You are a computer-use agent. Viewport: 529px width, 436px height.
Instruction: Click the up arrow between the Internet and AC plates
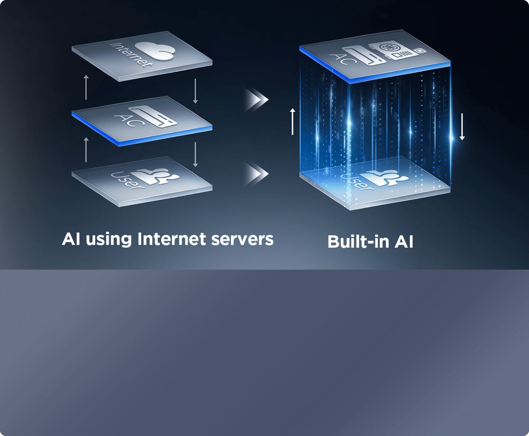(86, 87)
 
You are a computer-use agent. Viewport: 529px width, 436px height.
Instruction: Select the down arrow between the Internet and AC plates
(195, 91)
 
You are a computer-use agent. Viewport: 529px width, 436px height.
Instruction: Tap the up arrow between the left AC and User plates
(86, 149)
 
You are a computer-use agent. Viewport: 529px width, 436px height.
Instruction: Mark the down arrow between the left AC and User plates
(195, 154)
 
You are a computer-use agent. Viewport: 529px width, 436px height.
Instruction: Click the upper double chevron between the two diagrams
(256, 100)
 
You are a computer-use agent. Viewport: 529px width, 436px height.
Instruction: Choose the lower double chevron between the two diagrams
(256, 174)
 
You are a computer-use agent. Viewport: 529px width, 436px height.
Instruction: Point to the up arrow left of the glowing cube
(293, 121)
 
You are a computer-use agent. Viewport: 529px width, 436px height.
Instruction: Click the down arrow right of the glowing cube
(462, 127)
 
